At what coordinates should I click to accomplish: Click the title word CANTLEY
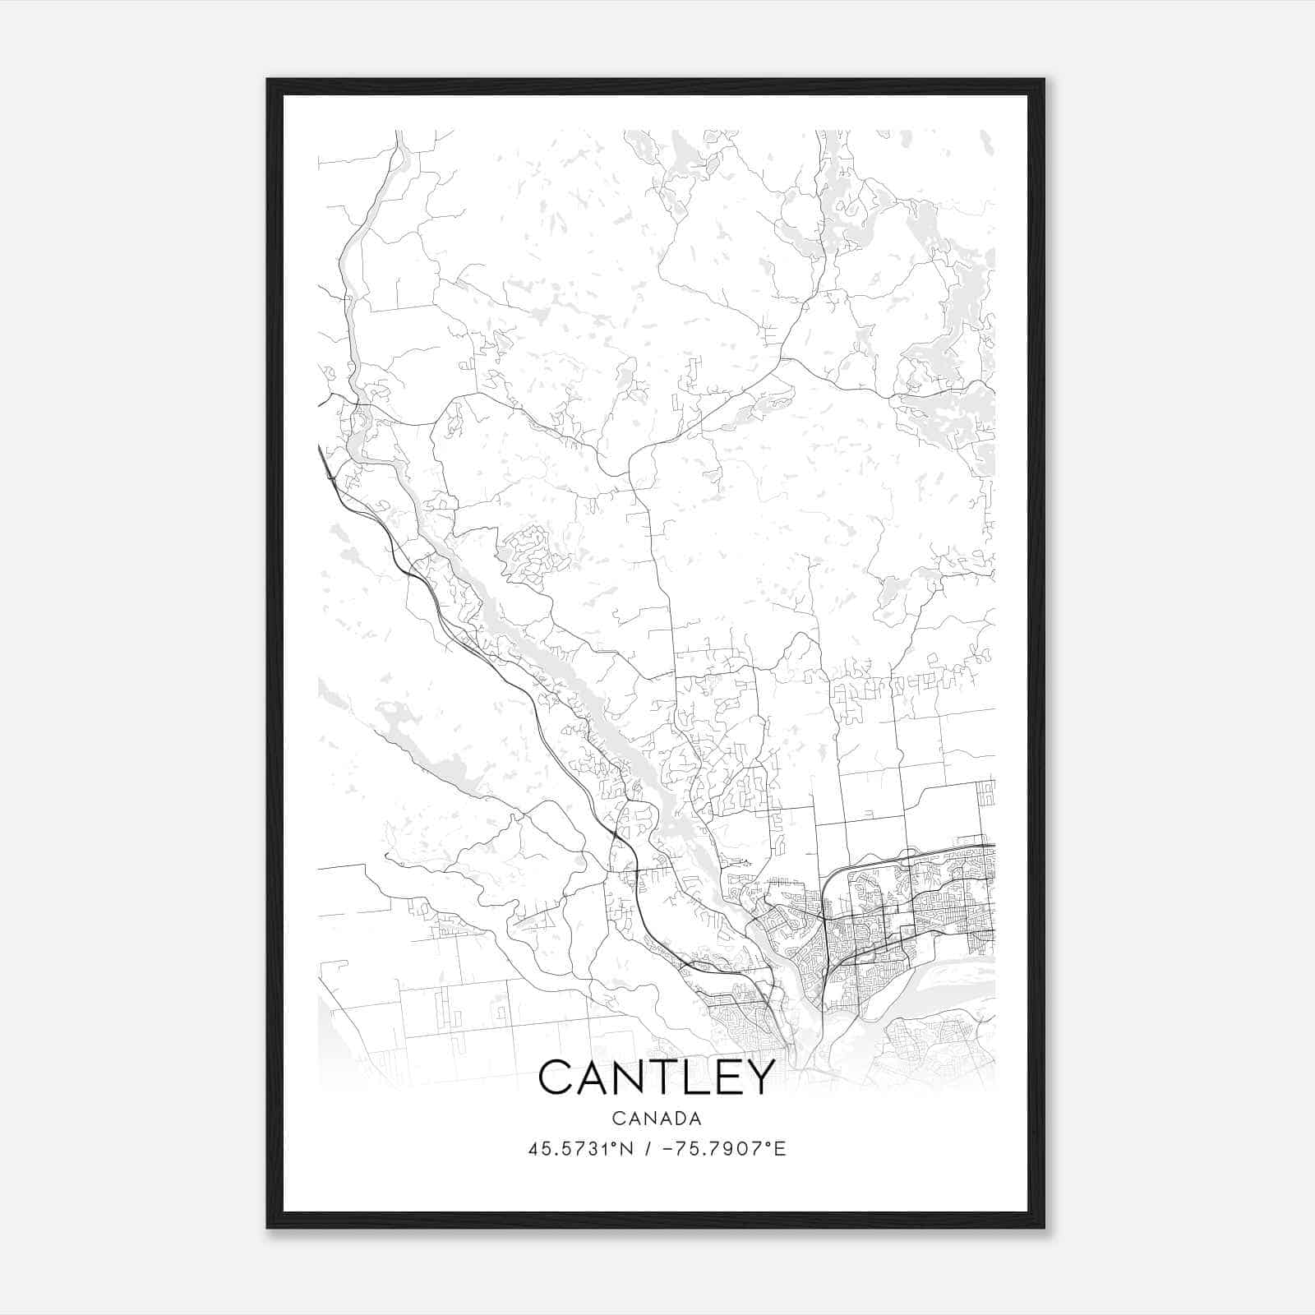[657, 1077]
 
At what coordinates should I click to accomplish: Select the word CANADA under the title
[657, 1119]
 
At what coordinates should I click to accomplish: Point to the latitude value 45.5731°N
[581, 1149]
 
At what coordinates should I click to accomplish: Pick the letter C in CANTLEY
[557, 1077]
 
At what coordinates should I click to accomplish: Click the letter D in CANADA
[678, 1119]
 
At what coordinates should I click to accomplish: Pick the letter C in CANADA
[617, 1119]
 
